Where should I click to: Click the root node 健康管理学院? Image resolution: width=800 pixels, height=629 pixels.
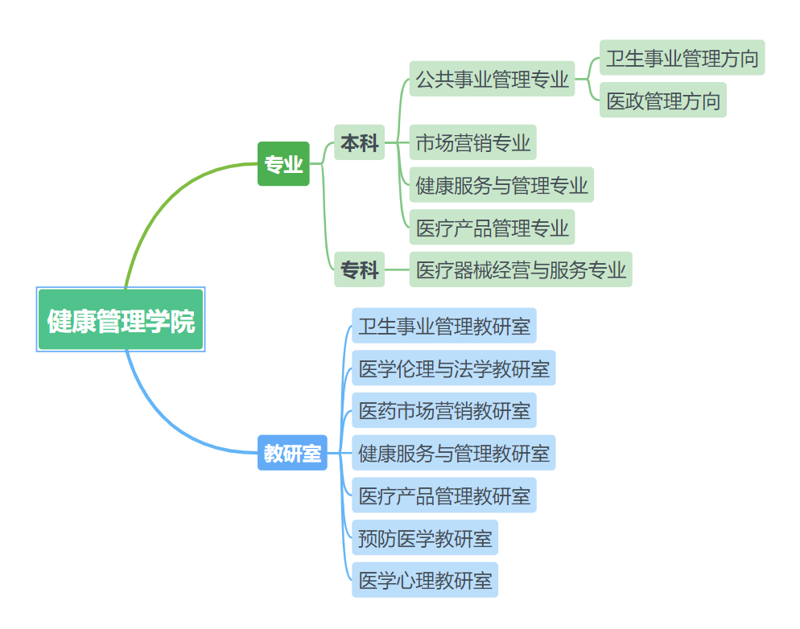pyautogui.click(x=121, y=320)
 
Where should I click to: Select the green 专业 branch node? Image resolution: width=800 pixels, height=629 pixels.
pyautogui.click(x=283, y=164)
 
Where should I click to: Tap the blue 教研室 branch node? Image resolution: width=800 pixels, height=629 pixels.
pyautogui.click(x=292, y=453)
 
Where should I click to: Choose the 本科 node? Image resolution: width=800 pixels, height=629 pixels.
pyautogui.click(x=359, y=143)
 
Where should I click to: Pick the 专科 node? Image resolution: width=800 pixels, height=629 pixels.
pyautogui.click(x=359, y=269)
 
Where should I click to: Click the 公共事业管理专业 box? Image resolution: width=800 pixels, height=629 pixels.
pyautogui.click(x=492, y=79)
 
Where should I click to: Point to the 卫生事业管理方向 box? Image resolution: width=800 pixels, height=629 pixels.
pyautogui.click(x=682, y=58)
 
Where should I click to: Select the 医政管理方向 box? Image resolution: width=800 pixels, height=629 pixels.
pyautogui.click(x=662, y=101)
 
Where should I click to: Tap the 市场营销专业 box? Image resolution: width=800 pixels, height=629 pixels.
pyautogui.click(x=472, y=143)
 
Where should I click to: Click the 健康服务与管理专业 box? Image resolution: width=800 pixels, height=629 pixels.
pyautogui.click(x=501, y=185)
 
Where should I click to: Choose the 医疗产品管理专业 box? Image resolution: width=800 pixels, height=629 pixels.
pyautogui.click(x=492, y=228)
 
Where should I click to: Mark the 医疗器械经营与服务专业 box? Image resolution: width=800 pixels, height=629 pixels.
pyautogui.click(x=521, y=269)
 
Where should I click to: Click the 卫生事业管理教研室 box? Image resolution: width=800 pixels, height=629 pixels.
pyautogui.click(x=443, y=327)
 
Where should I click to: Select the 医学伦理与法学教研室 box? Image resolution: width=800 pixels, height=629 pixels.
pyautogui.click(x=453, y=368)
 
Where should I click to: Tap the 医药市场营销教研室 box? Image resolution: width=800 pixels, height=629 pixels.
pyautogui.click(x=443, y=411)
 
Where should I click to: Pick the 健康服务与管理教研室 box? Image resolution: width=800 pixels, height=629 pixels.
pyautogui.click(x=453, y=453)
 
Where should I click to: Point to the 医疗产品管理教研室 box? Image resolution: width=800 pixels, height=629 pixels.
pyautogui.click(x=443, y=495)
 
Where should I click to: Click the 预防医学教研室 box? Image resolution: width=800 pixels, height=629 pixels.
pyautogui.click(x=424, y=537)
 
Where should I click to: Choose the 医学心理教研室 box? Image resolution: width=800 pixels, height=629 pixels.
pyautogui.click(x=424, y=580)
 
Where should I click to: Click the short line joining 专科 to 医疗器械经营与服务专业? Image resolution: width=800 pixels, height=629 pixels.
pyautogui.click(x=398, y=269)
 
